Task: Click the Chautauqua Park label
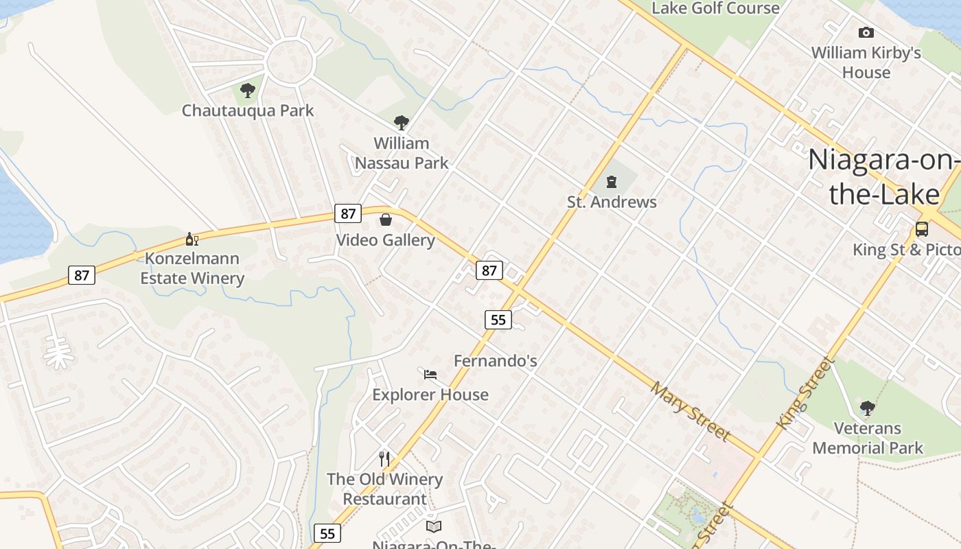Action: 248,110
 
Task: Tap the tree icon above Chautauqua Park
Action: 248,90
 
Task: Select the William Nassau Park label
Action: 402,153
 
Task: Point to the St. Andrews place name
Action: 612,202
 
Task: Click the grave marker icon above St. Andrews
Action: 611,182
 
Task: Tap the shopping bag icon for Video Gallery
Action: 386,220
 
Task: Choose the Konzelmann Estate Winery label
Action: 192,268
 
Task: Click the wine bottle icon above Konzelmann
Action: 192,240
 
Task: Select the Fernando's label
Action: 496,360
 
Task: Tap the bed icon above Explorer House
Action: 430,374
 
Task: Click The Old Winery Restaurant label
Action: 384,489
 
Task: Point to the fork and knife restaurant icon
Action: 384,458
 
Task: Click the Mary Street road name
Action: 690,411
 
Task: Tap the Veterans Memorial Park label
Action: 868,438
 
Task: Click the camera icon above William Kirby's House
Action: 866,32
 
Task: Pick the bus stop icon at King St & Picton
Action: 922,229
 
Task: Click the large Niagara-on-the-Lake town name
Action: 884,176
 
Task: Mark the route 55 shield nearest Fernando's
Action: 498,319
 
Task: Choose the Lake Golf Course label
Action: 715,8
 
